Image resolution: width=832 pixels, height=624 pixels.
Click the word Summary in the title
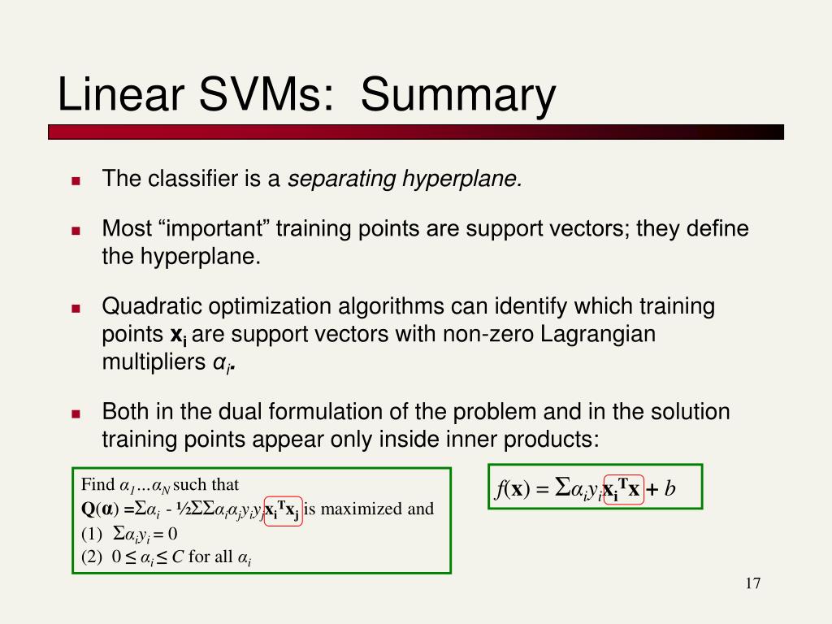click(x=458, y=96)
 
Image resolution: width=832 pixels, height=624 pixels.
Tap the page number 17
click(x=753, y=583)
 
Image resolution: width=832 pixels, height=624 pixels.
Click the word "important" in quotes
click(x=214, y=228)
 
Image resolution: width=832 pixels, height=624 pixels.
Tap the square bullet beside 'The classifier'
click(x=76, y=181)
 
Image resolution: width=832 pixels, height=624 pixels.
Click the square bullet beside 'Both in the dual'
click(x=76, y=414)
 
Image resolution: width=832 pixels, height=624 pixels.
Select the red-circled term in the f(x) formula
click(x=624, y=489)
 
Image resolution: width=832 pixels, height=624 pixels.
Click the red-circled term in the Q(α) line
click(x=284, y=511)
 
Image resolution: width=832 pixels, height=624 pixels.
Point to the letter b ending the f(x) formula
click(x=669, y=488)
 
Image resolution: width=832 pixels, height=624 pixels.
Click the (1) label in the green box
click(x=91, y=533)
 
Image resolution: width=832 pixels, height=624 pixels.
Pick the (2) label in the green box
click(x=91, y=557)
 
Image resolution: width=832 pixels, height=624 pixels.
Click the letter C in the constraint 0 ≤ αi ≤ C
click(x=178, y=557)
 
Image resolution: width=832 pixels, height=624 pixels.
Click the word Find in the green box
click(x=98, y=484)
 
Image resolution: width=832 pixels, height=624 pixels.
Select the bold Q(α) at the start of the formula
click(x=100, y=509)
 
